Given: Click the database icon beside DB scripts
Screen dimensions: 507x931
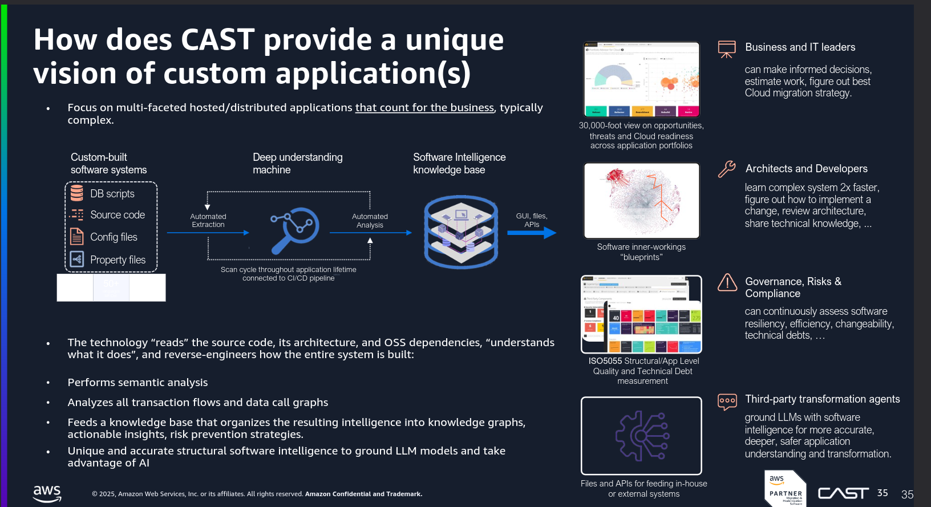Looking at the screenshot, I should (x=77, y=193).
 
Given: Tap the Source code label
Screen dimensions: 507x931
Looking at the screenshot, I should (x=118, y=215).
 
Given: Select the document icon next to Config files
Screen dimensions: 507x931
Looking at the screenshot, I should (x=77, y=237).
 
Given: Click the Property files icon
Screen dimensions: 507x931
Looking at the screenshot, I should (x=77, y=259).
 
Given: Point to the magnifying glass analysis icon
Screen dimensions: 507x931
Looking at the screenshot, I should (x=294, y=230).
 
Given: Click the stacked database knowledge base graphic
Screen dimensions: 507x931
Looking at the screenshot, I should (x=461, y=232).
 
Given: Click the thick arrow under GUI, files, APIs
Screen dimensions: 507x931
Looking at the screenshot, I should (x=532, y=233).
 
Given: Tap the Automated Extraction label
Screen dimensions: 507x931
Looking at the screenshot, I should (x=208, y=221).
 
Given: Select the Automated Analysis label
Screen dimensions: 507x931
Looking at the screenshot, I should (x=370, y=221).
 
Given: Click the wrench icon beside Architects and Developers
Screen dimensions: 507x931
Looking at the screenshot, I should (x=727, y=169).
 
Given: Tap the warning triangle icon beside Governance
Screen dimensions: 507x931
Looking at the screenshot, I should (x=727, y=282).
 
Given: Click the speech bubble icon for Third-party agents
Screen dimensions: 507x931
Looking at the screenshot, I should (x=727, y=401).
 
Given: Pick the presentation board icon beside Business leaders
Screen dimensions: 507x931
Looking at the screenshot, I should (x=727, y=49).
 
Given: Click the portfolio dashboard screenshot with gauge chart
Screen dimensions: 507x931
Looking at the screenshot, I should (x=641, y=79).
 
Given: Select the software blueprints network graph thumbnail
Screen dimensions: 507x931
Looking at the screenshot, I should (x=641, y=201).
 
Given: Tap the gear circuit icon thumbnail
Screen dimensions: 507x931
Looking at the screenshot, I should (x=641, y=436).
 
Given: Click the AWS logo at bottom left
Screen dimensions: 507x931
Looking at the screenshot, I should (x=47, y=493).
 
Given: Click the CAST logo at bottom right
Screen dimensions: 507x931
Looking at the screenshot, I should (x=843, y=493).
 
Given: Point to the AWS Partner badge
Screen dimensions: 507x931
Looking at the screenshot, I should (x=786, y=489).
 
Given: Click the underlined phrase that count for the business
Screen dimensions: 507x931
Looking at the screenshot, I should (x=424, y=108).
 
